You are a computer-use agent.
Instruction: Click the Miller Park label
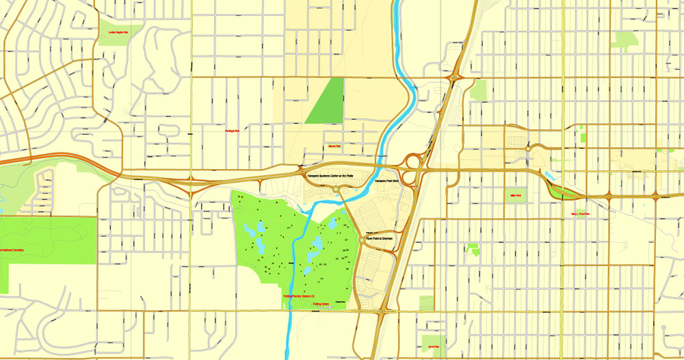click(x=516, y=196)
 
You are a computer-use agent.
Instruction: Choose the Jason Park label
click(x=433, y=347)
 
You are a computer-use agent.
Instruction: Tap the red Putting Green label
click(x=321, y=304)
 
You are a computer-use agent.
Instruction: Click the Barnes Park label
click(x=334, y=146)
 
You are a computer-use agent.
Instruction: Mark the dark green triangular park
click(x=328, y=103)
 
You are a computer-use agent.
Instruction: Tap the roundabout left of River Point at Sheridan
click(x=362, y=240)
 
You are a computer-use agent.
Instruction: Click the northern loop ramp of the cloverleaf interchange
click(x=413, y=162)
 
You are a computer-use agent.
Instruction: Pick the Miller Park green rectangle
click(x=516, y=196)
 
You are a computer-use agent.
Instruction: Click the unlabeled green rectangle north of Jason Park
click(x=426, y=303)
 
